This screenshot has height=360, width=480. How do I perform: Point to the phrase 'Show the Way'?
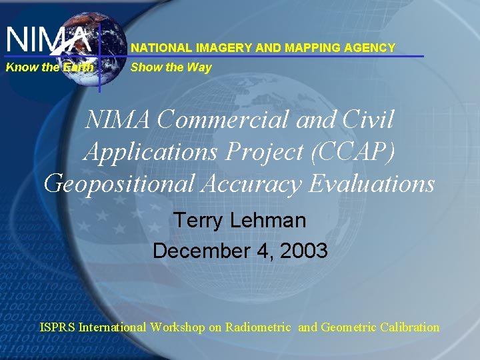point(171,67)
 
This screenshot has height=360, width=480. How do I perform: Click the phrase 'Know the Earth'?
point(49,67)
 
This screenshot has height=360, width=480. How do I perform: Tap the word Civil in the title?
point(369,120)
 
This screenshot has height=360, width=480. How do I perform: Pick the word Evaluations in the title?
point(371,183)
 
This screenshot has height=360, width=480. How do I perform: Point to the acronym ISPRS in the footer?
point(57,327)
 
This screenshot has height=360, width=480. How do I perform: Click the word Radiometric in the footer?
point(258,327)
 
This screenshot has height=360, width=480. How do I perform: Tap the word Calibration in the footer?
point(409,327)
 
